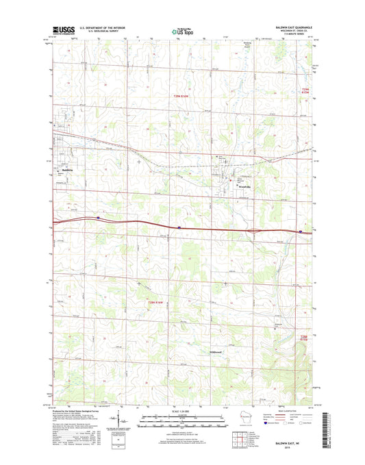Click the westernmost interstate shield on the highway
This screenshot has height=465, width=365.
[x=98, y=217]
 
